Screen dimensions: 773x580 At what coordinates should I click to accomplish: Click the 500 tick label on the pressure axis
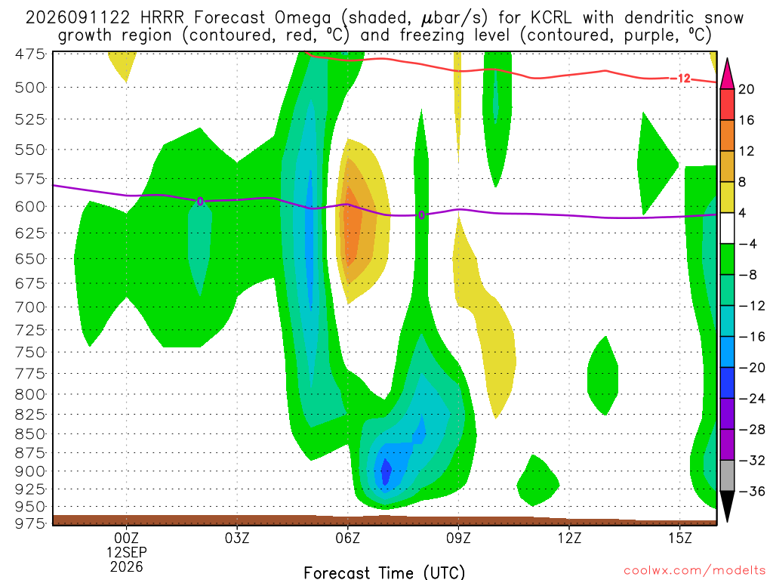pyautogui.click(x=30, y=88)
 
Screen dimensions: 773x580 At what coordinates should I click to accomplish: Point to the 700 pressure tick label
pyautogui.click(x=30, y=307)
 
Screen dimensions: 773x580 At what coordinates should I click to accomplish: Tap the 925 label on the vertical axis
pyautogui.click(x=30, y=489)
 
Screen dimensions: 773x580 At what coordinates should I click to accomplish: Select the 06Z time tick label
pyautogui.click(x=348, y=538)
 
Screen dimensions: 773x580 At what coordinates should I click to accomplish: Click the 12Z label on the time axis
pyautogui.click(x=569, y=538)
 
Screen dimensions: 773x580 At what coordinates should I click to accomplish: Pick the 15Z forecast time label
pyautogui.click(x=680, y=538)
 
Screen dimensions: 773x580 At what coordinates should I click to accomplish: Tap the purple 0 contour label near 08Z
pyautogui.click(x=421, y=215)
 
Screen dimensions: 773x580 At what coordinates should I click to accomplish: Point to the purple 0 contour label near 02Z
pyautogui.click(x=200, y=201)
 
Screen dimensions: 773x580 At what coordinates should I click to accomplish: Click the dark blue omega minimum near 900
pyautogui.click(x=386, y=471)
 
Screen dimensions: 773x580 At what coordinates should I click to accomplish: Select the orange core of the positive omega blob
pyautogui.click(x=350, y=226)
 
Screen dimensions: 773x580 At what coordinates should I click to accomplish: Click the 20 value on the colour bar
pyautogui.click(x=746, y=89)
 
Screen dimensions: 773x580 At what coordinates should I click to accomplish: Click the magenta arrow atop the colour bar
pyautogui.click(x=727, y=73)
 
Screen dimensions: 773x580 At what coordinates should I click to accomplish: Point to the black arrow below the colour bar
pyautogui.click(x=727, y=507)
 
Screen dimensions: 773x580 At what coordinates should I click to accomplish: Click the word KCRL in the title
pyautogui.click(x=551, y=18)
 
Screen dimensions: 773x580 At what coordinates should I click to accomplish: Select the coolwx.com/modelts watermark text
pyautogui.click(x=694, y=571)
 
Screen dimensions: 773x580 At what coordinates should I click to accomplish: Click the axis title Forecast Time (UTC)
pyautogui.click(x=384, y=572)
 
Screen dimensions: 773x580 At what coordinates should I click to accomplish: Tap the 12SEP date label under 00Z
pyautogui.click(x=127, y=552)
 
